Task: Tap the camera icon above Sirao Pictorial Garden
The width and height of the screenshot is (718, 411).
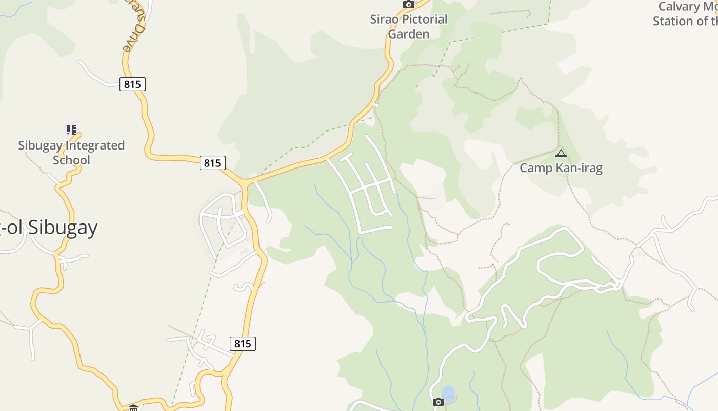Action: pyautogui.click(x=408, y=5)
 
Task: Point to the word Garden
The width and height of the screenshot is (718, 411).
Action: pyautogui.click(x=408, y=34)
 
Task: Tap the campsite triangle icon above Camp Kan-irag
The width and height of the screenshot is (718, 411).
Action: pyautogui.click(x=561, y=153)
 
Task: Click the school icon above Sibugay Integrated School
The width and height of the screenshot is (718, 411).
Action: pyautogui.click(x=71, y=129)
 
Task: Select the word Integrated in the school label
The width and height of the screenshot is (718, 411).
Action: pyautogui.click(x=93, y=145)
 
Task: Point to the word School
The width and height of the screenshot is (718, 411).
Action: pyautogui.click(x=71, y=160)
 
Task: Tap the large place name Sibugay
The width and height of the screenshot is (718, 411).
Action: pyautogui.click(x=63, y=227)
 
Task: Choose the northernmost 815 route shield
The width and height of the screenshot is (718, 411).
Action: pyautogui.click(x=132, y=84)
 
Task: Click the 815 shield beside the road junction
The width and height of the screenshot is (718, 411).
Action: pyautogui.click(x=212, y=163)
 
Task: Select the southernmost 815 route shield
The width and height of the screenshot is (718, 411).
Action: pyautogui.click(x=243, y=343)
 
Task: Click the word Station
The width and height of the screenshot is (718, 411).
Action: pyautogui.click(x=672, y=21)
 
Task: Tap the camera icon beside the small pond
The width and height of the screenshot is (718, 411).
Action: pyautogui.click(x=438, y=402)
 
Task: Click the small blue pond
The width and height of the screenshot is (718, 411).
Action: pyautogui.click(x=448, y=394)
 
